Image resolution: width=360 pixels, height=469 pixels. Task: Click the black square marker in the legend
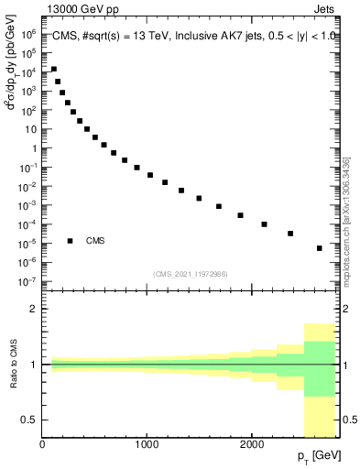(x=71, y=241)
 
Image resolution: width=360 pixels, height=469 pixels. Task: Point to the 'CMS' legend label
(x=95, y=241)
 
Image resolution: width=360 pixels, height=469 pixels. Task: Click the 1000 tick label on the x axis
(x=147, y=445)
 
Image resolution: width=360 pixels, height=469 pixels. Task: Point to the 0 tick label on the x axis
(x=43, y=445)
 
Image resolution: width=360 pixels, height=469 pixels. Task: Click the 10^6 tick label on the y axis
(x=29, y=32)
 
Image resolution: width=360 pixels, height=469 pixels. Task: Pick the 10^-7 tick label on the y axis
(x=28, y=281)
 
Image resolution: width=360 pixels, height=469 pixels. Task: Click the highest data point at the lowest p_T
(x=53, y=70)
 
